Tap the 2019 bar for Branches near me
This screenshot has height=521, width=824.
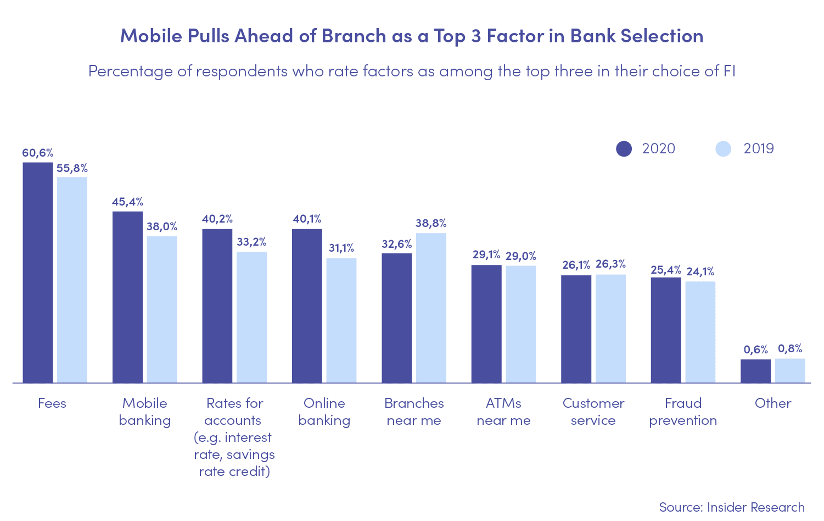[x=431, y=308]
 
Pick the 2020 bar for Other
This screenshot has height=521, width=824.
[x=755, y=371]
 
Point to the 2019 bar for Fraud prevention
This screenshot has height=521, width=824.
[x=700, y=332]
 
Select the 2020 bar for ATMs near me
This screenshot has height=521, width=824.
[x=486, y=324]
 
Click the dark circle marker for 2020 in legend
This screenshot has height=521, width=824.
[x=624, y=149]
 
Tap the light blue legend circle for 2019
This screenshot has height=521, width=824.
[x=724, y=149]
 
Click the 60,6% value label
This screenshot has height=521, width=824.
[x=37, y=153]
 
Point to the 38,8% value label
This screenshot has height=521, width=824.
[x=431, y=223]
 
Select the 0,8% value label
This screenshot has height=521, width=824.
[x=790, y=348]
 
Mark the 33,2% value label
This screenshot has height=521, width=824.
[x=251, y=242]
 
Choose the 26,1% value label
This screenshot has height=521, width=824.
[x=576, y=265]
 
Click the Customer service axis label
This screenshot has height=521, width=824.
[x=593, y=412]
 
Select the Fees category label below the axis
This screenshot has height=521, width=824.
[x=52, y=403]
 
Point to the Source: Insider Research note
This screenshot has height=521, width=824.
[x=732, y=507]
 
